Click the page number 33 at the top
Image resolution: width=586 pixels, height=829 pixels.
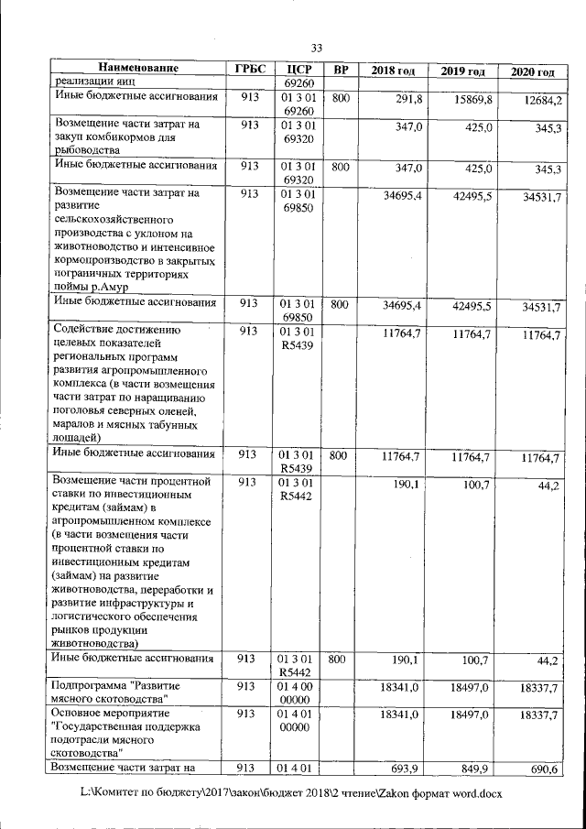pyautogui.click(x=317, y=48)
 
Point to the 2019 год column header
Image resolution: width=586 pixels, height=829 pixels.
pyautogui.click(x=462, y=71)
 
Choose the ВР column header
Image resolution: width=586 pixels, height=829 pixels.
pyautogui.click(x=341, y=70)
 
